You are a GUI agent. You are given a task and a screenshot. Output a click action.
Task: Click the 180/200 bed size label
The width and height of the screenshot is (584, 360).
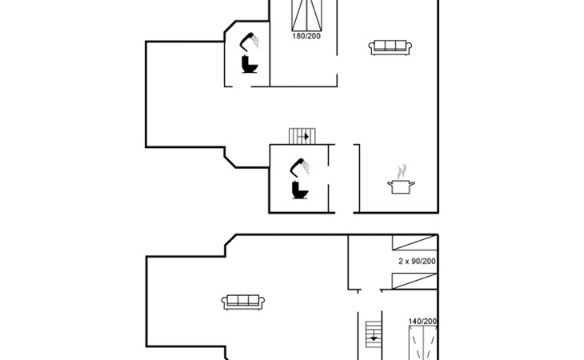pos(307,36)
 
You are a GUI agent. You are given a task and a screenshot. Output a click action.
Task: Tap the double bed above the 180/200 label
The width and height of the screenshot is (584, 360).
pos(307,14)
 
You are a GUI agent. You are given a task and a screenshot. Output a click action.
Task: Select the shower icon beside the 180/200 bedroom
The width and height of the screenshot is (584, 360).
pos(251,38)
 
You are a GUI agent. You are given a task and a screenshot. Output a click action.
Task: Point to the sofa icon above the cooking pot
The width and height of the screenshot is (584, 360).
pos(390,47)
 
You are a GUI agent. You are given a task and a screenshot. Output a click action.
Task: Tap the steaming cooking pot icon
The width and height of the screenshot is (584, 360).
pos(402,185)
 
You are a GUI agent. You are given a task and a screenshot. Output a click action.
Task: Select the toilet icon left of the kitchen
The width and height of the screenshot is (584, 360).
pos(300,190)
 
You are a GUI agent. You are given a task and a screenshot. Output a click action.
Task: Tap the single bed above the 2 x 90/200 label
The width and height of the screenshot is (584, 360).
pos(414,245)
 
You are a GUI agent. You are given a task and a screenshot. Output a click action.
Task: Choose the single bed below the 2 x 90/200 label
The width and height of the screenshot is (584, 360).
pos(414,280)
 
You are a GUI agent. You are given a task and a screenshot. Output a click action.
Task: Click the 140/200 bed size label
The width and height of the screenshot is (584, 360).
pos(422,322)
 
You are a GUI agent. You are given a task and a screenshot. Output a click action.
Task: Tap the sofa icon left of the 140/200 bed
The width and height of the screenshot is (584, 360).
pos(243,302)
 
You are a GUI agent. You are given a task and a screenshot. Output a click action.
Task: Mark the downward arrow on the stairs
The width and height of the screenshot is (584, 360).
pos(374,339)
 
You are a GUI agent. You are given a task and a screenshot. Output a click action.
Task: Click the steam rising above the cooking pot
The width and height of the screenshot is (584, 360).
pos(402,171)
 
